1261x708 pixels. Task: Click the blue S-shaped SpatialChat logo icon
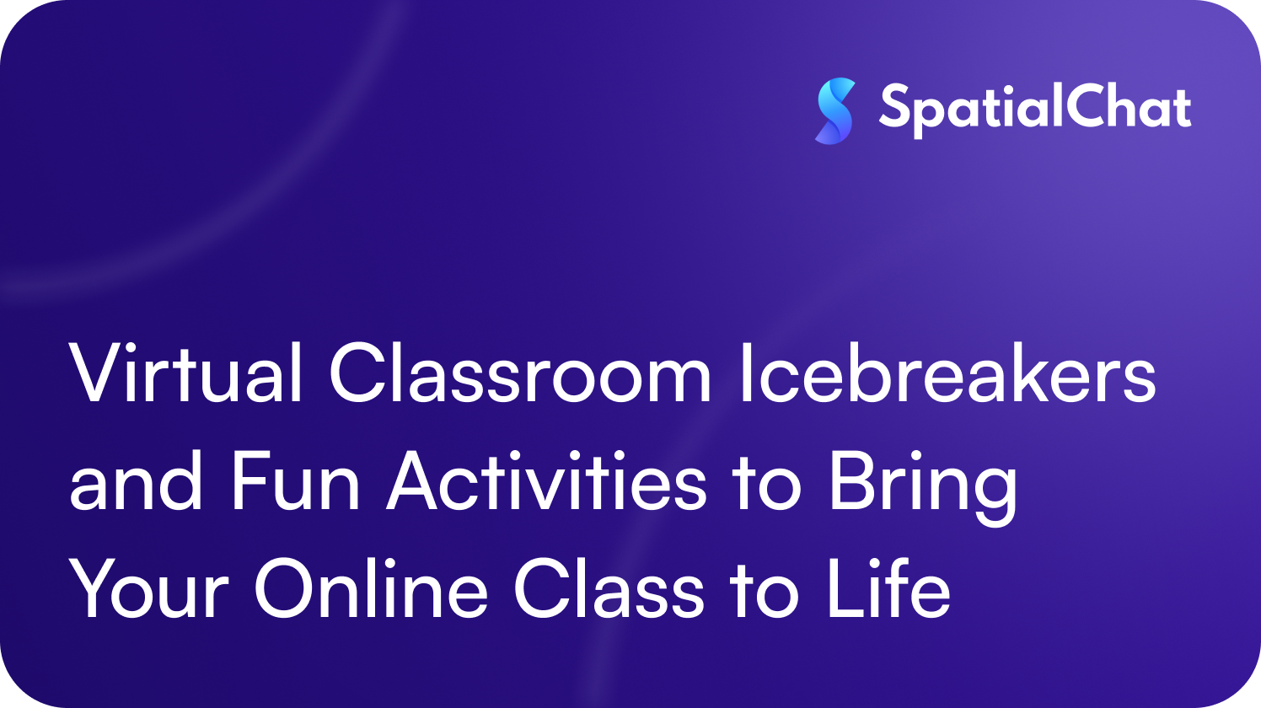tap(834, 110)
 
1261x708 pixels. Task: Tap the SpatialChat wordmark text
tap(1035, 109)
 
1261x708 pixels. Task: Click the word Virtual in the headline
tap(185, 373)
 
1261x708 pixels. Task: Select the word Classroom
tap(520, 373)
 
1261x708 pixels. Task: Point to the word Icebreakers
tap(947, 373)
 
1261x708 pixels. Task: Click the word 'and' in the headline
tap(136, 482)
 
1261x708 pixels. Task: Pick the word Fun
tap(295, 482)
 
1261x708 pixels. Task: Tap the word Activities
tap(546, 482)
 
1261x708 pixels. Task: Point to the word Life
tap(888, 588)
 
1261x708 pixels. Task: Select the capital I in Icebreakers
tap(745, 373)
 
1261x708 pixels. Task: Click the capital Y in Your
tap(94, 588)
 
